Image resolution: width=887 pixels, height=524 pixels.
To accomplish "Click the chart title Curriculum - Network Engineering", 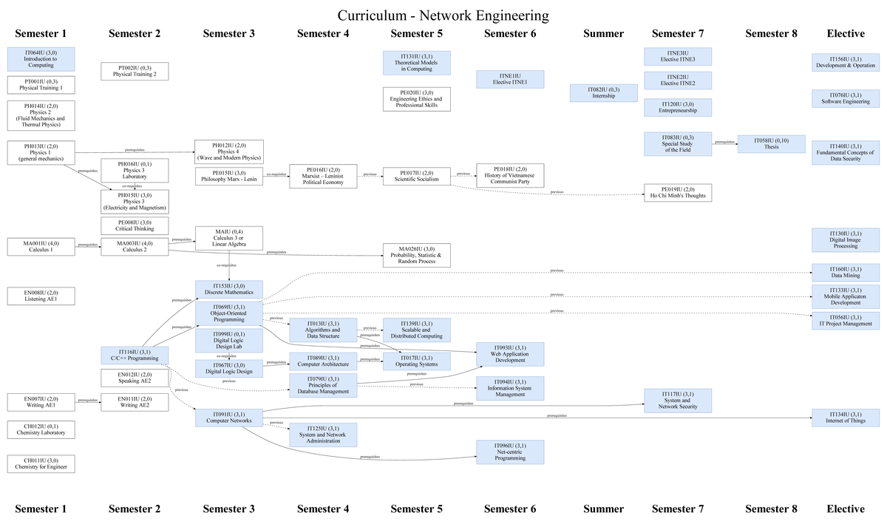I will [x=443, y=16].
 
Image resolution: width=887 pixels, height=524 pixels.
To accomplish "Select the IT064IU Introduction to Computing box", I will [x=41, y=59].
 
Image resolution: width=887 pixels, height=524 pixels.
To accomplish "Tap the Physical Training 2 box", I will [x=135, y=71].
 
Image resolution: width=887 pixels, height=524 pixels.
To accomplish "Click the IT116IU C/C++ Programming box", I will [x=135, y=355].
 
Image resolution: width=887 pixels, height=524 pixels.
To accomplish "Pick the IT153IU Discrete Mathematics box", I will [x=229, y=289].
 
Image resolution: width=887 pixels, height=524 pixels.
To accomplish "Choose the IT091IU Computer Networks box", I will [x=229, y=418].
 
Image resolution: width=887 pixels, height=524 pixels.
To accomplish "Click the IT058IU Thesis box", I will [x=772, y=143].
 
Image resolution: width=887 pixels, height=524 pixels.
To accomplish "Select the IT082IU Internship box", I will [x=604, y=92].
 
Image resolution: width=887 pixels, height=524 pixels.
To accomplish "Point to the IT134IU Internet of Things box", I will [x=846, y=418].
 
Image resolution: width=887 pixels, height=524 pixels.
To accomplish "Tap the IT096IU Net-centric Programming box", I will [x=510, y=452].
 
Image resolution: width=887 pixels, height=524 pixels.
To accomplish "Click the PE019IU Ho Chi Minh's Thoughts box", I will [x=678, y=193].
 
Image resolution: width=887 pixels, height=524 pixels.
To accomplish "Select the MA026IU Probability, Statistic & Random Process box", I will [x=416, y=255].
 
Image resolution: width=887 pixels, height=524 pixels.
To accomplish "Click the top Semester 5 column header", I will [x=416, y=33].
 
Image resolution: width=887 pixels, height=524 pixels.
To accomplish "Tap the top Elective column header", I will [x=846, y=33].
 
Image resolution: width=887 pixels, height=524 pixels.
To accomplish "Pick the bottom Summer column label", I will [x=604, y=508].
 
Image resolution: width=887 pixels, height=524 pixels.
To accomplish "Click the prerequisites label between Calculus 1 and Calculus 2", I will [x=88, y=244].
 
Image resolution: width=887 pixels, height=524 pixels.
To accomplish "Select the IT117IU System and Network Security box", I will [x=678, y=401].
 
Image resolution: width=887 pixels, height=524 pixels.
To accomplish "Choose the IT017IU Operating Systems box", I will [x=416, y=361].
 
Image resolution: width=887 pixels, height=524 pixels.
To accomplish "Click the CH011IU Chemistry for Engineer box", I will [x=41, y=463].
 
